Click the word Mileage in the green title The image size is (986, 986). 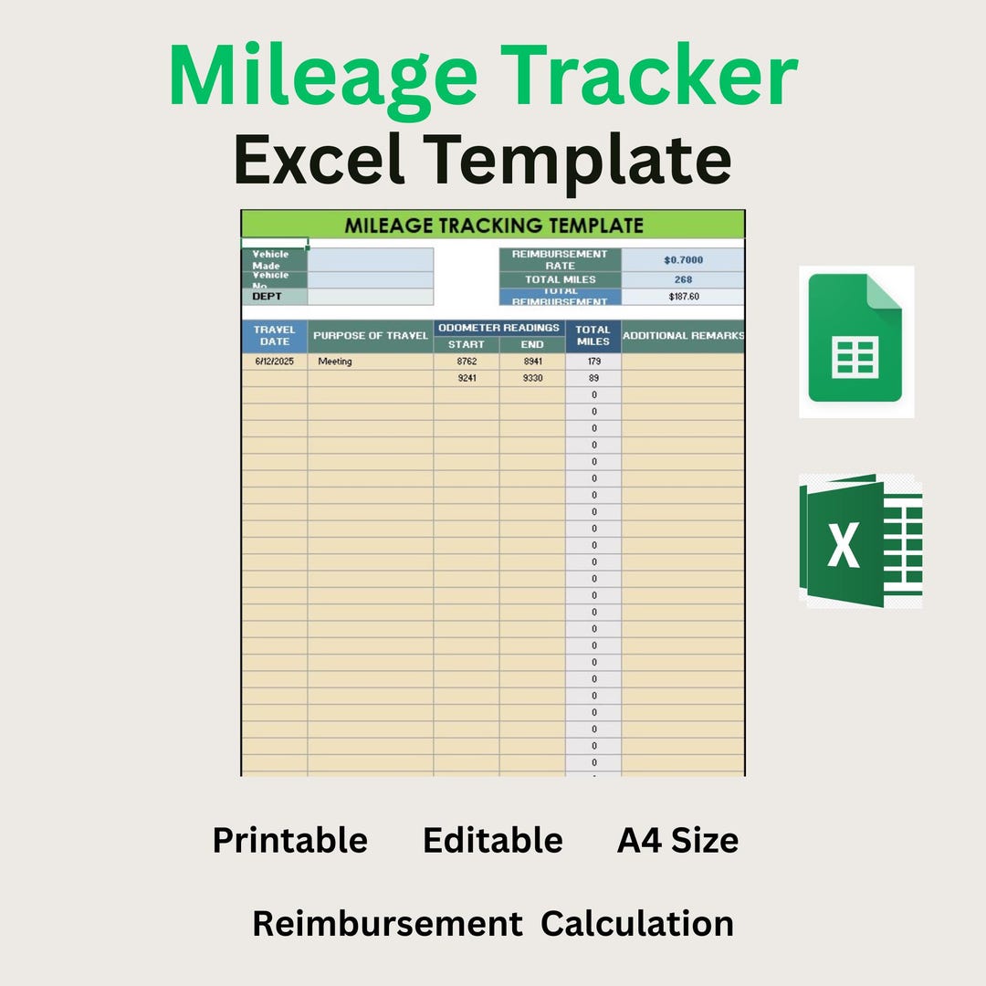[x=322, y=79]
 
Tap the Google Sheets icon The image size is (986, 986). [x=855, y=341]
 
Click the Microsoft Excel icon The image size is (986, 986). [x=860, y=540]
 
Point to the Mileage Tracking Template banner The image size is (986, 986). [x=493, y=226]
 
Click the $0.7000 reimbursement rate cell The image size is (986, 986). [x=683, y=260]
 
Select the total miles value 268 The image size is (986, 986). [x=683, y=279]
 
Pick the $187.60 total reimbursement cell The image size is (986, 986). [x=683, y=297]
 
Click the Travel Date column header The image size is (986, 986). [x=274, y=335]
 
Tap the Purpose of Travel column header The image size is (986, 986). [x=370, y=335]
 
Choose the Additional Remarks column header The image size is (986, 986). [x=683, y=335]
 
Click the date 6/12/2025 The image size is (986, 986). [x=274, y=362]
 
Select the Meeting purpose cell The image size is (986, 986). [x=335, y=362]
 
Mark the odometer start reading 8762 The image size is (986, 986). [x=467, y=362]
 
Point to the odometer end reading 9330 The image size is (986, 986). [x=532, y=378]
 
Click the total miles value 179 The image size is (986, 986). [x=593, y=362]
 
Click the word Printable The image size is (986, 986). [x=290, y=840]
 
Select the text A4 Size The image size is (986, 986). [x=677, y=840]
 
